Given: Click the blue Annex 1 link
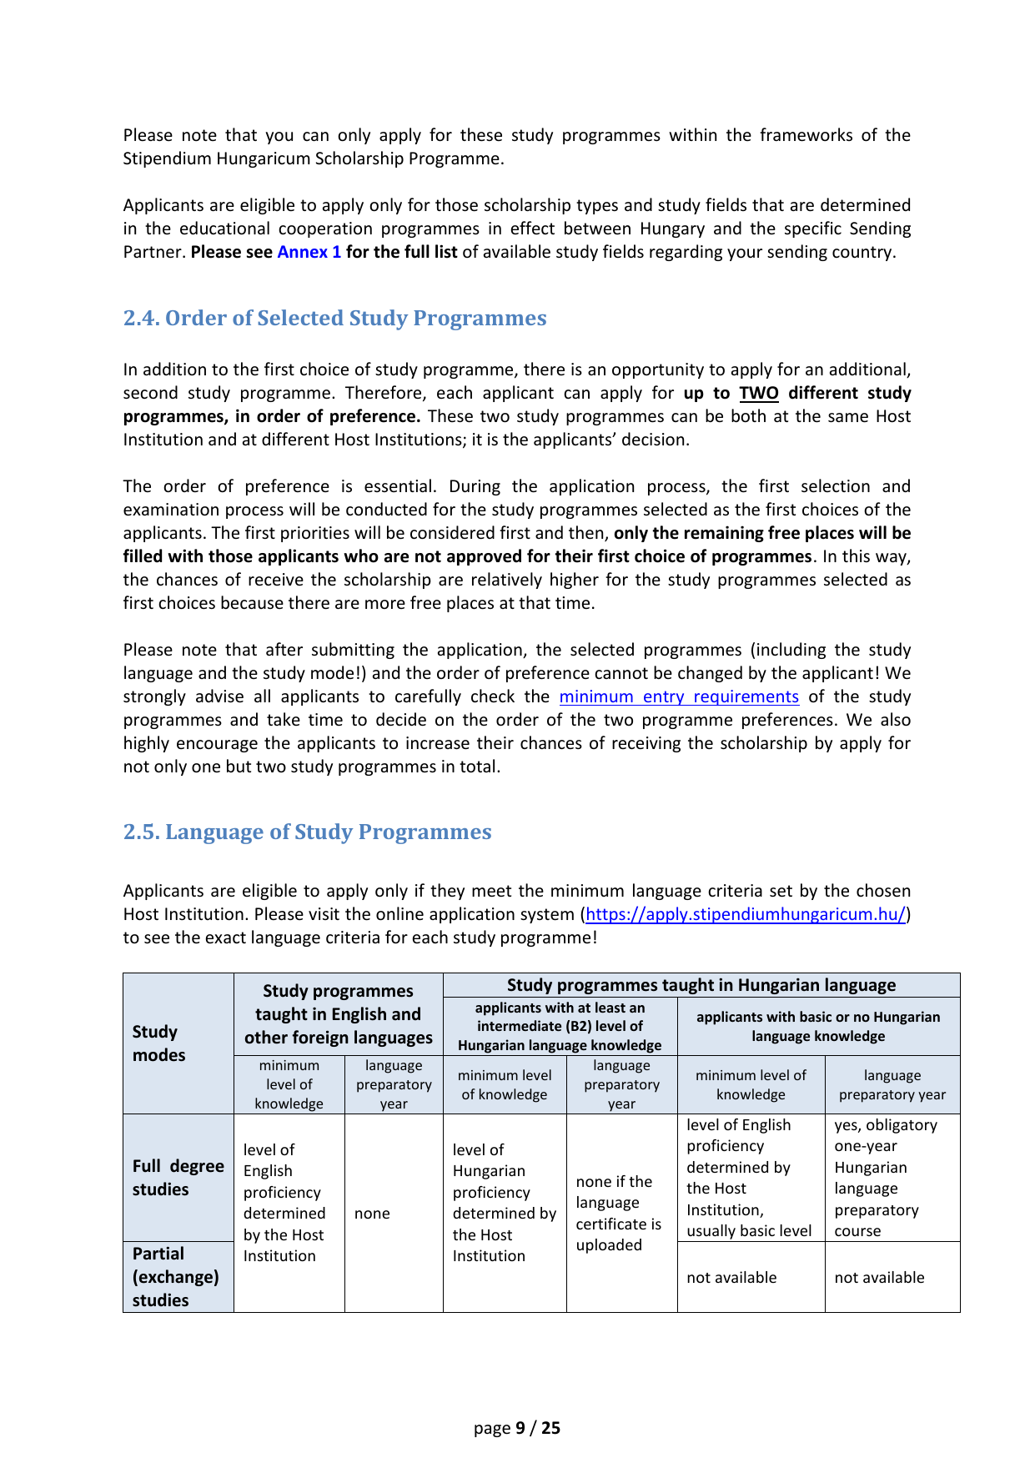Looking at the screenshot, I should [309, 252].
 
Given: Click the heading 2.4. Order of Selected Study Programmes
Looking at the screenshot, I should [334, 318].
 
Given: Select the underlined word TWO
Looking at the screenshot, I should [758, 393].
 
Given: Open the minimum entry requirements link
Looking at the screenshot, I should [678, 696].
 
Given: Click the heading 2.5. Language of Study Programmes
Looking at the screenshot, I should [307, 832].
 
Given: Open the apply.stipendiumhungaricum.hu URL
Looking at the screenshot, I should [746, 914].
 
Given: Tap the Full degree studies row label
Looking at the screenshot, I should [178, 1177].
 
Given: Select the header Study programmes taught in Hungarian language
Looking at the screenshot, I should [701, 985].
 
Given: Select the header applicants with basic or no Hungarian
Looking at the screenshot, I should [817, 1026].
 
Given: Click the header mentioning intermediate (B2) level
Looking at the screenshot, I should [560, 1026].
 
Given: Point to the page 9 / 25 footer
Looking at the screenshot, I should [517, 1428].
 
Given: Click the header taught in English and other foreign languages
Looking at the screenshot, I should [338, 1013].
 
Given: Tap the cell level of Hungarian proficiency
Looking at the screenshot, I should [504, 1202].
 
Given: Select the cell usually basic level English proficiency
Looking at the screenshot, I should [750, 1177].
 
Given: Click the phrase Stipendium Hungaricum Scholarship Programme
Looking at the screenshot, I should [313, 158].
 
